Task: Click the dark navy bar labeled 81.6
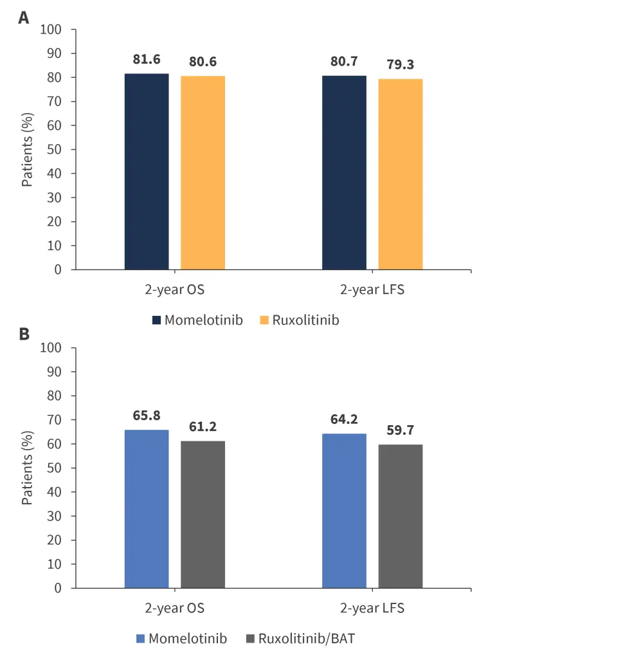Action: coord(147,172)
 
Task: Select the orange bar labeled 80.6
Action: coord(203,173)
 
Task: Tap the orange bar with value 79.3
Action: coord(400,174)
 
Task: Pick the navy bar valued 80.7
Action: coord(344,172)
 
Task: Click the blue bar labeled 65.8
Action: coord(147,509)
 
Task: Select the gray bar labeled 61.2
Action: coord(203,515)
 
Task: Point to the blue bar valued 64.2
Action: coord(344,511)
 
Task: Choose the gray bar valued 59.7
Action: coord(400,517)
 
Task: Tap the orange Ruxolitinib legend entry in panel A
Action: coord(299,320)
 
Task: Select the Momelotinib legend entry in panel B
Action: coord(181,639)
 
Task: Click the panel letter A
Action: coord(23,17)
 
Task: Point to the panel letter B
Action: coord(23,335)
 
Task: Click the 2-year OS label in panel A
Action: coord(174,289)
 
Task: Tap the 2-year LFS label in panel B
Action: coord(372,608)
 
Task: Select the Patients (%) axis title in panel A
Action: coord(27,149)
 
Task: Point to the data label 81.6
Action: coord(147,59)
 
